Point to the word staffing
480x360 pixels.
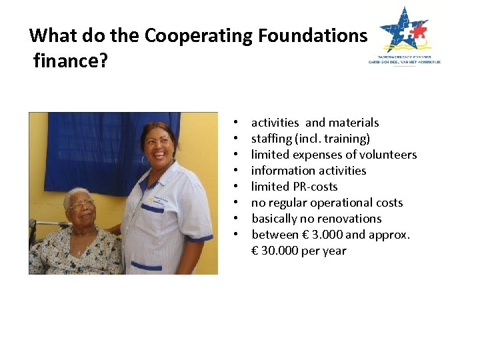point(271,139)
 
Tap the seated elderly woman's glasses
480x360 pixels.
point(81,206)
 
